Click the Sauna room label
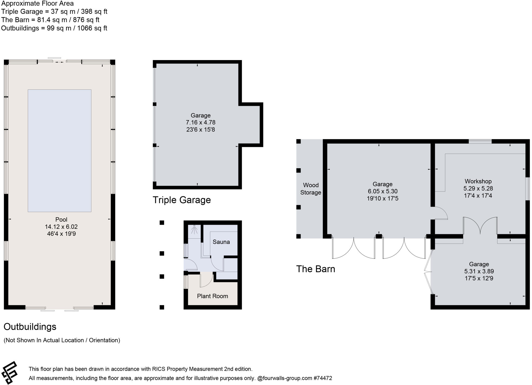(x=221, y=242)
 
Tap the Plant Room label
(x=212, y=296)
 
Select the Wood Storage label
(x=311, y=189)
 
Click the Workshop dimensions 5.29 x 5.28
(x=478, y=188)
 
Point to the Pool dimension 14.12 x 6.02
(x=61, y=227)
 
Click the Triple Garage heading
(x=182, y=200)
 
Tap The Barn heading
(x=316, y=269)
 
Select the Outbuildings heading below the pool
(x=30, y=327)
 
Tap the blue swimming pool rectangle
(x=59, y=151)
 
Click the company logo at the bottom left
(x=10, y=373)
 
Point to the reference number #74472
(x=323, y=378)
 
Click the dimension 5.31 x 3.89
(x=479, y=271)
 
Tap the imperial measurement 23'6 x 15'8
(x=201, y=129)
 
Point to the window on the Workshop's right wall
(x=528, y=188)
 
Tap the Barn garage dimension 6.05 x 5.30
(x=382, y=191)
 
